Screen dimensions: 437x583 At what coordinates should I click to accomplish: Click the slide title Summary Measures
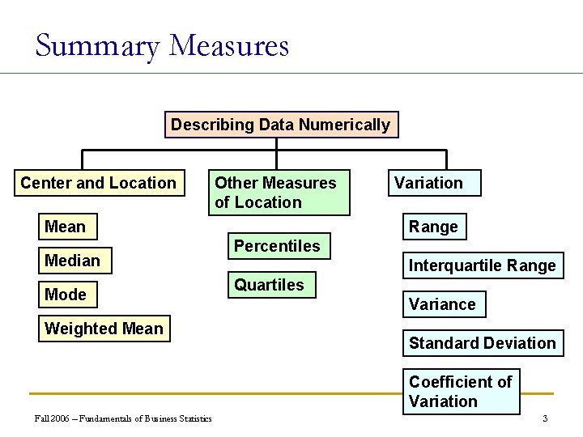click(162, 45)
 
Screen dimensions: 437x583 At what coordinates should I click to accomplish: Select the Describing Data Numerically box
click(281, 125)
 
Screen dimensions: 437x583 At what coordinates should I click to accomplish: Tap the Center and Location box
click(98, 183)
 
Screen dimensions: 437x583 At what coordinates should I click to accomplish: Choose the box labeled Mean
click(66, 227)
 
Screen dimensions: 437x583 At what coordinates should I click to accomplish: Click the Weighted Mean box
click(104, 329)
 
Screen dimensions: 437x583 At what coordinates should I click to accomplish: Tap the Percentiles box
click(277, 246)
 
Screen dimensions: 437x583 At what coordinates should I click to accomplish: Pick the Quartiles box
click(269, 285)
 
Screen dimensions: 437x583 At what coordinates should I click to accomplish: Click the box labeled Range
click(433, 227)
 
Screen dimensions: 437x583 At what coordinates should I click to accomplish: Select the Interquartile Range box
click(482, 265)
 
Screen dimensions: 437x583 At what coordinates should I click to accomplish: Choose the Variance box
click(442, 304)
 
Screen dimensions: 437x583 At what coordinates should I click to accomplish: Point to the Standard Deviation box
click(482, 343)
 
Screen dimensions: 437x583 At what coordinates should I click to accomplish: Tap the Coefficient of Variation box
click(461, 392)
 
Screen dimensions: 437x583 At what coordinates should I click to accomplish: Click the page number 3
click(545, 418)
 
